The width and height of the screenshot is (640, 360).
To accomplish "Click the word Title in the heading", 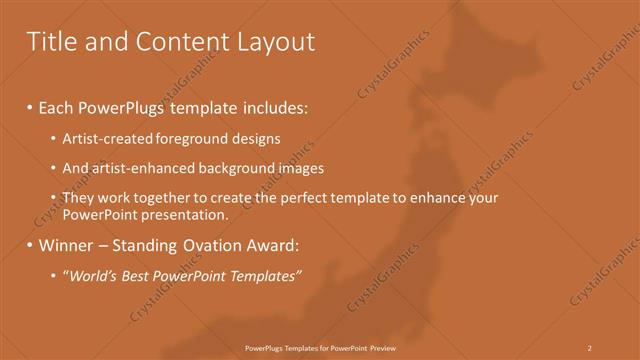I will coord(50,42).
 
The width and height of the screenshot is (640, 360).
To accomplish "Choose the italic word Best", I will coord(135,275).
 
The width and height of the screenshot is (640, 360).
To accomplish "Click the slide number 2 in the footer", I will coord(590,347).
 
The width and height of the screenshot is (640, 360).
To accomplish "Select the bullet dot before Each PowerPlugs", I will coord(30,106).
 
